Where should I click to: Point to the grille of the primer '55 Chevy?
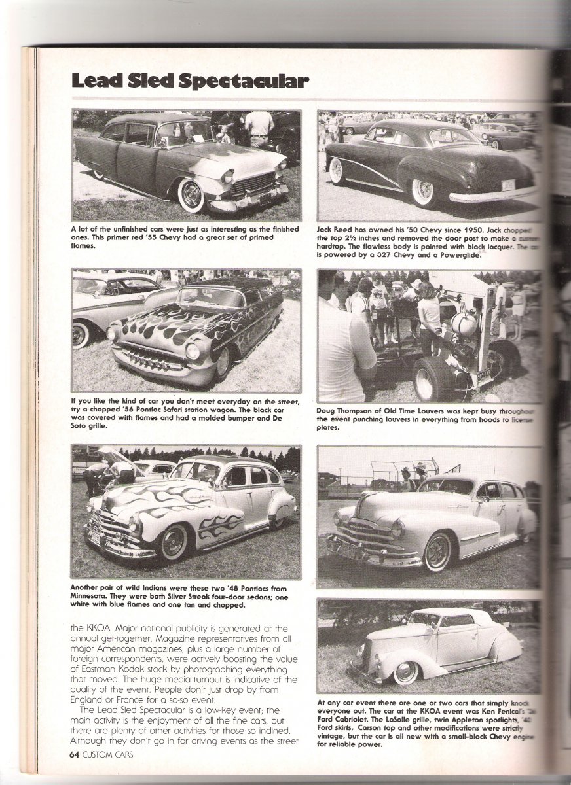click(x=253, y=183)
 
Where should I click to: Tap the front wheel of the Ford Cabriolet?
click(x=407, y=672)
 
